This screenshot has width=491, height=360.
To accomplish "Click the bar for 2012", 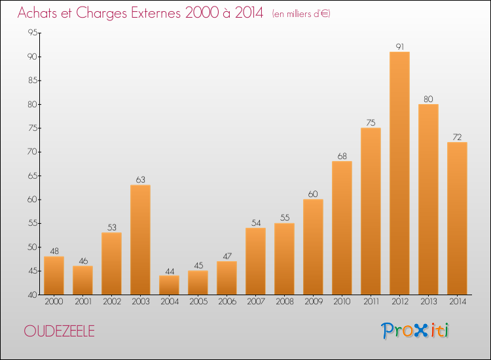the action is (399, 173).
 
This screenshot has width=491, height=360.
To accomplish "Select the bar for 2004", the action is (169, 285).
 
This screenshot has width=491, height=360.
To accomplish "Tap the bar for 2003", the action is (140, 240).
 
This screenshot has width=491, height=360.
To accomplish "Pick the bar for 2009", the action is (313, 247).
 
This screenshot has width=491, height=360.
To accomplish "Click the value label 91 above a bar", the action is (400, 46).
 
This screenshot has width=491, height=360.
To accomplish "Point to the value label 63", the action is (140, 180).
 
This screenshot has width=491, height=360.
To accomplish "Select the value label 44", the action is (170, 271).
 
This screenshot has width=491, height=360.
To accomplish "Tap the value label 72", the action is (457, 137).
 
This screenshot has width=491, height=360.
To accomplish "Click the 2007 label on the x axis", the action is (256, 302).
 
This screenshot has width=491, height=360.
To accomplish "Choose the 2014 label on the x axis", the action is (458, 302).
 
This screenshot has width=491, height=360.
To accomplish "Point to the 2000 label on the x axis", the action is (54, 302).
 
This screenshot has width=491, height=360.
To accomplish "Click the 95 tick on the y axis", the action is (33, 33).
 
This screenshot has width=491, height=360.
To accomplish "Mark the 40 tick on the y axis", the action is (33, 295).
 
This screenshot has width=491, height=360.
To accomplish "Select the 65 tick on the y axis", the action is (33, 175).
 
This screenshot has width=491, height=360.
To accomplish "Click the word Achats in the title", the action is (37, 13).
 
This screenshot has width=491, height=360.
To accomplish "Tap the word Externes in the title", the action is (156, 13).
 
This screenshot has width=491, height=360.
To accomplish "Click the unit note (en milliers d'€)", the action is (301, 14).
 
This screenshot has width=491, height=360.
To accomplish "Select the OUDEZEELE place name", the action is (59, 331).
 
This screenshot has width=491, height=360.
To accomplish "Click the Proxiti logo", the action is (415, 331).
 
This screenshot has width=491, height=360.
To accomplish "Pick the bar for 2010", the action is (342, 228).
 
